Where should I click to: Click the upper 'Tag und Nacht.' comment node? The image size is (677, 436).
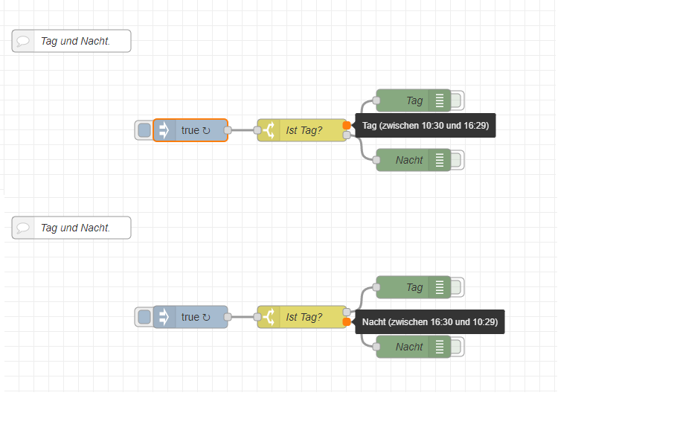point(75,42)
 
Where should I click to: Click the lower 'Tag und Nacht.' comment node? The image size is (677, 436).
point(75,228)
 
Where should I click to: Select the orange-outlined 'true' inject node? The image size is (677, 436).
point(195,130)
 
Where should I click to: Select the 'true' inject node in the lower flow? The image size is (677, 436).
point(195,317)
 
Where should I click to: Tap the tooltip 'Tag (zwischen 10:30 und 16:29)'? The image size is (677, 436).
point(426,126)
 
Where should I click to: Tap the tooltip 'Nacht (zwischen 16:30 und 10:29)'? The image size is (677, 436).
point(430,322)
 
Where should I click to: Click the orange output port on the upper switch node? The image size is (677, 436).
point(347,126)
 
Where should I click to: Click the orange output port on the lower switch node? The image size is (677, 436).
point(347,322)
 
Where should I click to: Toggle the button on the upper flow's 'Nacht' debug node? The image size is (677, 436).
point(457,160)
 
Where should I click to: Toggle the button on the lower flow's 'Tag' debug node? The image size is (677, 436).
point(457,287)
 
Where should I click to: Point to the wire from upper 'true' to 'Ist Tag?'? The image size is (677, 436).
point(243,130)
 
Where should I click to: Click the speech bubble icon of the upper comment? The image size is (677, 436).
point(23,42)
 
